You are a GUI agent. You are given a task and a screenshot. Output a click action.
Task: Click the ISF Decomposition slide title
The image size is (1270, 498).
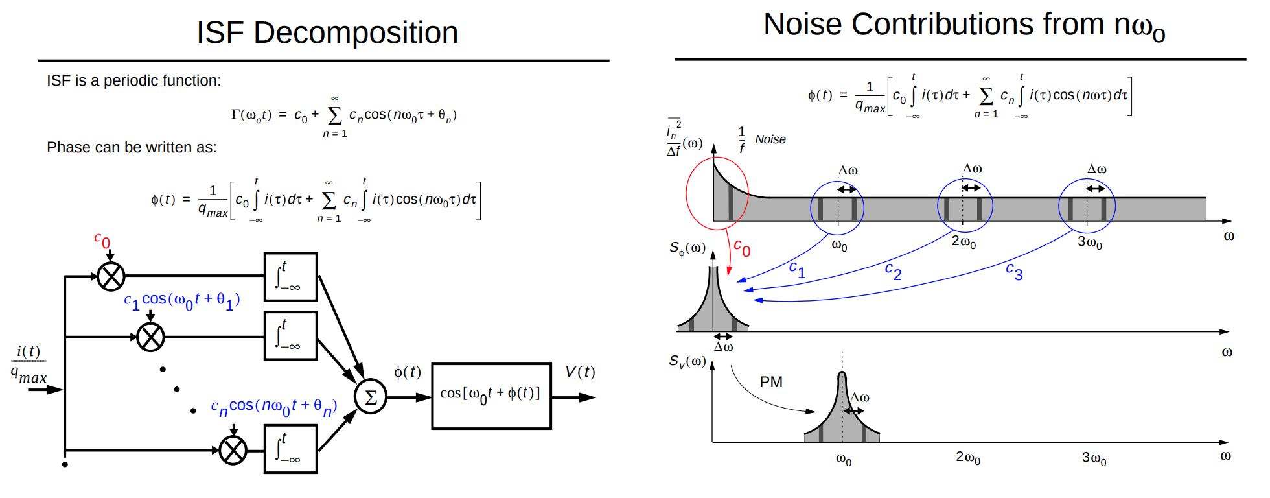pos(327,32)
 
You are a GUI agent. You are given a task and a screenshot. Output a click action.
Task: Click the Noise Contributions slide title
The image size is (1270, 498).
pos(964,25)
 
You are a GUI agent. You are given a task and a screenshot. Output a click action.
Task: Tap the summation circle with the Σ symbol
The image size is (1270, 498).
pos(371,397)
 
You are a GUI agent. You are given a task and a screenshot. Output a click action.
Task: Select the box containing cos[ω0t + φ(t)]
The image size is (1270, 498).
pos(491,396)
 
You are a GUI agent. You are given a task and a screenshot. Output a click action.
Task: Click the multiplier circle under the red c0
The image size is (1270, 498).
pos(111,277)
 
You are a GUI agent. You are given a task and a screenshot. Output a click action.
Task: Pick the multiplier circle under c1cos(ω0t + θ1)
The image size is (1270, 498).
pos(150,337)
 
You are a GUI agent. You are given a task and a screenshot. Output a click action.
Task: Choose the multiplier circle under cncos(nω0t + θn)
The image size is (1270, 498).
pos(233,451)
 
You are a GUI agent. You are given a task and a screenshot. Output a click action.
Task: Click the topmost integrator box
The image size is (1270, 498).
pos(291,277)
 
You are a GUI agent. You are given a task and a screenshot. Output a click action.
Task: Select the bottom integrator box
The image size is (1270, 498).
pos(291,449)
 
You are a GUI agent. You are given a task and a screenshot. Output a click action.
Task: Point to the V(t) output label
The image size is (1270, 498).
pos(580,372)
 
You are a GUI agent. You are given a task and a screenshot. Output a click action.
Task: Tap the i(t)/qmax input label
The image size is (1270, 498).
pos(29,364)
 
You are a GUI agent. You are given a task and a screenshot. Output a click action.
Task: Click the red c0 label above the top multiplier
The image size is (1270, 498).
pos(102,241)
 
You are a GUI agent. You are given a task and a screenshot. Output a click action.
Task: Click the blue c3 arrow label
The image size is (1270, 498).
pos(1014,271)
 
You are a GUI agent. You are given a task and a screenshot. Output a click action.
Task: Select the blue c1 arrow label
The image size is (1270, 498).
pos(798,269)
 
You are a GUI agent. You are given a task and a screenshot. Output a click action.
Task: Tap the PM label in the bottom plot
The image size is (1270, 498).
pos(771,382)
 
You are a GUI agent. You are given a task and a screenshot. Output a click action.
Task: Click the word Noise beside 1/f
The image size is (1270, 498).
pos(770,139)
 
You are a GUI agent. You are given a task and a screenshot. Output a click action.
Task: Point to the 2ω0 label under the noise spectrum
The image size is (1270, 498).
pos(964,243)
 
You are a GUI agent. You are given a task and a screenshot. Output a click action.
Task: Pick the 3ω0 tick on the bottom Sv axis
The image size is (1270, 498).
pos(1094,458)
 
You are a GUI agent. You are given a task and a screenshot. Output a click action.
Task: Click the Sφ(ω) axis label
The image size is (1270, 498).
pos(687,249)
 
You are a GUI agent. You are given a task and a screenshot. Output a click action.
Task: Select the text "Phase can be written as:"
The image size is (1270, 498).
pos(132,148)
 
